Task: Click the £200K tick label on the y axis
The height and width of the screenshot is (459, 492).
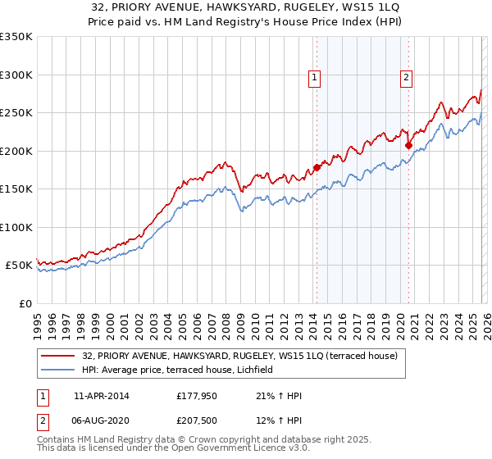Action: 16,151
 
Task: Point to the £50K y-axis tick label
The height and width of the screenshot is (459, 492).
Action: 19,266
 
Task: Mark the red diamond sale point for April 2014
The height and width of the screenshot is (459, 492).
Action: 317,168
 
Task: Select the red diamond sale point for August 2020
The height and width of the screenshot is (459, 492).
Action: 408,145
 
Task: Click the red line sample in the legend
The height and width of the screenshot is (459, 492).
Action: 59,356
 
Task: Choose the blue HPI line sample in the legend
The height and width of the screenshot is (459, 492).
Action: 59,370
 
